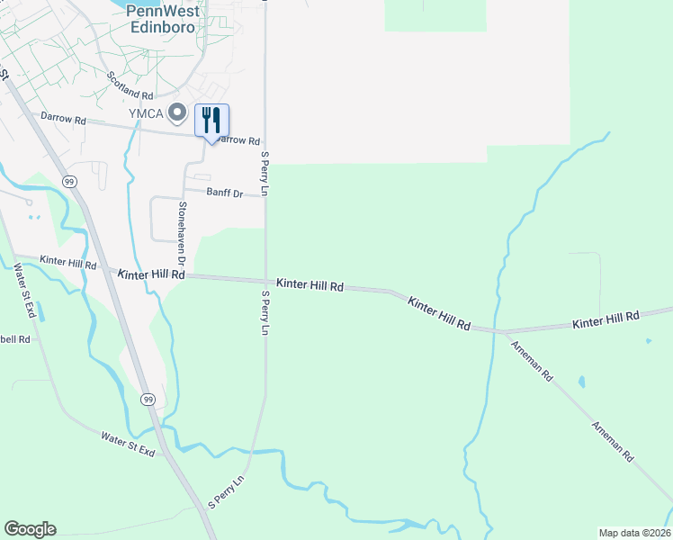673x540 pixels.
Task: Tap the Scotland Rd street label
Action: click(131, 86)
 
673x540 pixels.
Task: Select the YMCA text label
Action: click(145, 112)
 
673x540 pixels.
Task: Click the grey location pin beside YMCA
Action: click(177, 113)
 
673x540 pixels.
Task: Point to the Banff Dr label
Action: click(225, 193)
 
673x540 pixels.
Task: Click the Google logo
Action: click(30, 529)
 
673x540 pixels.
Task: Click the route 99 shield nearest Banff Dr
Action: click(69, 181)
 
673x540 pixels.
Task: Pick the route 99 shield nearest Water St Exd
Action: click(148, 399)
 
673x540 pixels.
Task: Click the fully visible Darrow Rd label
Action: click(62, 119)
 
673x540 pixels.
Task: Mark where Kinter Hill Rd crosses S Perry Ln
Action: click(265, 280)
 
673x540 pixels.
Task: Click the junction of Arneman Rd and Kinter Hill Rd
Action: click(497, 331)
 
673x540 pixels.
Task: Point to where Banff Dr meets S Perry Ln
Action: click(265, 195)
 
